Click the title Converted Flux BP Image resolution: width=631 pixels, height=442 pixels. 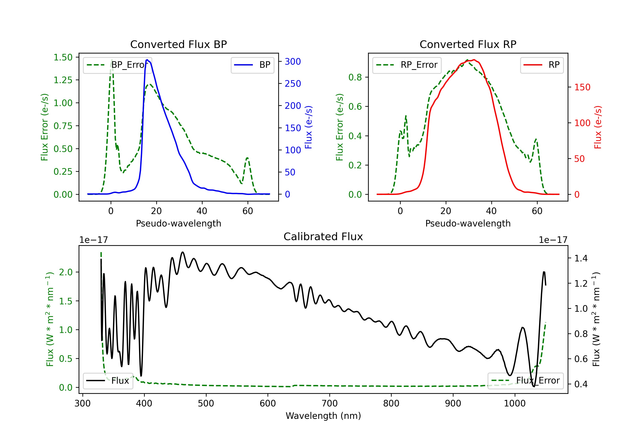[x=179, y=44]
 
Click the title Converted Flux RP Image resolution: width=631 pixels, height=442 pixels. [x=468, y=44]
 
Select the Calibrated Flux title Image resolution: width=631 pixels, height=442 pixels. [x=323, y=237]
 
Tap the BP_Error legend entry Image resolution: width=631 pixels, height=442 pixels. [x=117, y=65]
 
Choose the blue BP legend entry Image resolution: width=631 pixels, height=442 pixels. [x=252, y=65]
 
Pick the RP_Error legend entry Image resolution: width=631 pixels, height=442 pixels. [x=407, y=65]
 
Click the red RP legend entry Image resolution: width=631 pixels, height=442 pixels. [x=542, y=65]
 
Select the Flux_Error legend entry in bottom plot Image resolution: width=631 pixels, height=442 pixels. [x=525, y=381]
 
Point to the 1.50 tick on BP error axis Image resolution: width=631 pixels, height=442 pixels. [x=63, y=57]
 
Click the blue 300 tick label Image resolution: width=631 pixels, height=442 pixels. [x=293, y=61]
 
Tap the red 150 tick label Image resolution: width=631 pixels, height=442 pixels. [x=582, y=87]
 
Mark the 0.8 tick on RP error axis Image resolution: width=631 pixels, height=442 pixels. [x=355, y=77]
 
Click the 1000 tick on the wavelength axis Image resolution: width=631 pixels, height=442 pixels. [x=515, y=403]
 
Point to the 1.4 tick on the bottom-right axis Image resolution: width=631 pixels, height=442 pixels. [x=581, y=258]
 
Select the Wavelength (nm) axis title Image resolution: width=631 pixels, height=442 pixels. [x=323, y=416]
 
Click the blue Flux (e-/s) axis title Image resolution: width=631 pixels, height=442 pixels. [x=309, y=127]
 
